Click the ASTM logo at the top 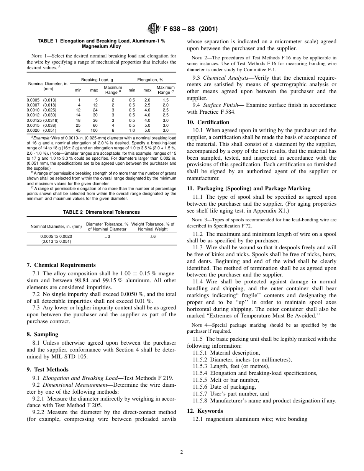tap(154, 29)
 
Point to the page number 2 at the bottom tap(182, 452)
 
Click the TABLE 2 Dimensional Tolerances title tap(102, 212)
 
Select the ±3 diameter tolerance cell tap(107, 237)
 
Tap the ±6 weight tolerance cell tap(152, 237)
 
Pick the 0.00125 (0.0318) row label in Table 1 tap(42, 120)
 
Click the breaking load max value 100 tap(94, 130)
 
